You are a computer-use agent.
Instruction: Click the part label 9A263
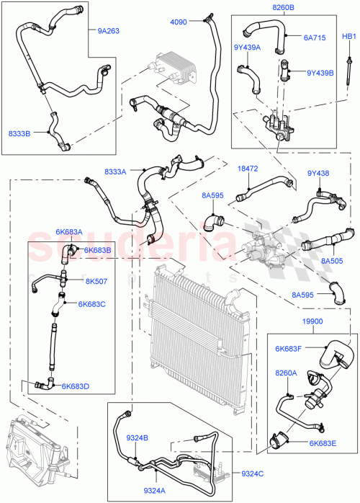[x=109, y=31]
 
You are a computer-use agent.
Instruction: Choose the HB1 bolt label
[x=348, y=36]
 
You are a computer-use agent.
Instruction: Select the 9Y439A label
[x=248, y=48]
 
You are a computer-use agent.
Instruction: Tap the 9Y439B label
[x=320, y=73]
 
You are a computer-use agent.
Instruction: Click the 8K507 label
[x=96, y=281]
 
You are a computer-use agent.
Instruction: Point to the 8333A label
[x=115, y=172]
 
